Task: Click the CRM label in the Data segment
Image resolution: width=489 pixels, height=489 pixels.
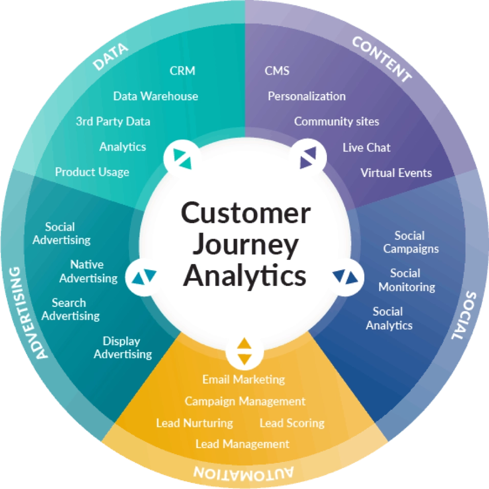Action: pyautogui.click(x=183, y=71)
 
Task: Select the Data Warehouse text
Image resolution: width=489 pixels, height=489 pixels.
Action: pyautogui.click(x=155, y=96)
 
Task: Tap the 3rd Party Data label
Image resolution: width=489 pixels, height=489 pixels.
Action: pyautogui.click(x=113, y=121)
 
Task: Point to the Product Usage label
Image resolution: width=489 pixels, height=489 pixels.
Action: pyautogui.click(x=92, y=172)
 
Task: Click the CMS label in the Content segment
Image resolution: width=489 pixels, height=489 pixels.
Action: pyautogui.click(x=277, y=71)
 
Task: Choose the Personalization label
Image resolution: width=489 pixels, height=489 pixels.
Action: pyautogui.click(x=306, y=96)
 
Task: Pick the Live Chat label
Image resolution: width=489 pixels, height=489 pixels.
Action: pyautogui.click(x=366, y=147)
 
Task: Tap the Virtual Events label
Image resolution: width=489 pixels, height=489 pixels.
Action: pyautogui.click(x=396, y=173)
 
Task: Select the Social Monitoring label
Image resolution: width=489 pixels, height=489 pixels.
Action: pyautogui.click(x=407, y=280)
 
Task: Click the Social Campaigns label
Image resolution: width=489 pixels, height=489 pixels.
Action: pyautogui.click(x=411, y=242)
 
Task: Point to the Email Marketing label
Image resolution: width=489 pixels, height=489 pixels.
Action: pyautogui.click(x=243, y=380)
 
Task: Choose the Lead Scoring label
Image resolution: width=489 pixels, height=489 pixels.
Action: pyautogui.click(x=292, y=423)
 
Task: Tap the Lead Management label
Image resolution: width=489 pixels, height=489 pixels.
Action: pyautogui.click(x=242, y=444)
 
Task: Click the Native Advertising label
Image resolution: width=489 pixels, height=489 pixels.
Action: pyautogui.click(x=88, y=271)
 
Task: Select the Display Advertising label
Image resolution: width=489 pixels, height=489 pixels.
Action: pyautogui.click(x=123, y=348)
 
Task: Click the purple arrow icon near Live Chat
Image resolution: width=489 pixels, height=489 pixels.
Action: pyautogui.click(x=308, y=158)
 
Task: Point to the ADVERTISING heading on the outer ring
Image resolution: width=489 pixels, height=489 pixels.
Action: pyautogui.click(x=28, y=313)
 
